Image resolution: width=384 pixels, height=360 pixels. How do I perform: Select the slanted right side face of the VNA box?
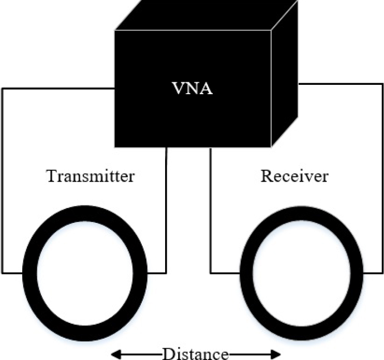click(286, 78)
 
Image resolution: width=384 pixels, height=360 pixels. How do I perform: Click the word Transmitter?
click(91, 176)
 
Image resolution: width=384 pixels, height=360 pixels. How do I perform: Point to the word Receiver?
click(294, 176)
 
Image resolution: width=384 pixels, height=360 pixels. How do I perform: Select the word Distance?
click(196, 354)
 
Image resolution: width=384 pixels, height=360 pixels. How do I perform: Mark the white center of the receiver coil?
click(302, 271)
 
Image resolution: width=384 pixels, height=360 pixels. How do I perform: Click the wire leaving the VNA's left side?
click(2, 181)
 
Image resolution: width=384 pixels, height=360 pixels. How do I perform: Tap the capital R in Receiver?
click(266, 176)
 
